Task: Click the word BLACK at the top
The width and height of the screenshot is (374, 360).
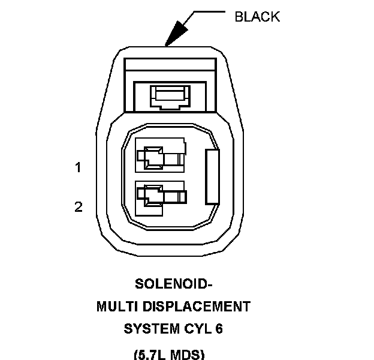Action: (257, 16)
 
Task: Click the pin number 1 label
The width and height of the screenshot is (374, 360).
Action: (78, 167)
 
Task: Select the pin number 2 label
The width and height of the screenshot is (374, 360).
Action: (78, 207)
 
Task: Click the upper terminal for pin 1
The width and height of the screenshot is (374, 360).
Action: (161, 156)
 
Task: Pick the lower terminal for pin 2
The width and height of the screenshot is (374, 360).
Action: (161, 195)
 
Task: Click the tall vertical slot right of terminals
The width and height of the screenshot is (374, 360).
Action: (213, 176)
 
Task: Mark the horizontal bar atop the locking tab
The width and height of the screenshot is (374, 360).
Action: (170, 62)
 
